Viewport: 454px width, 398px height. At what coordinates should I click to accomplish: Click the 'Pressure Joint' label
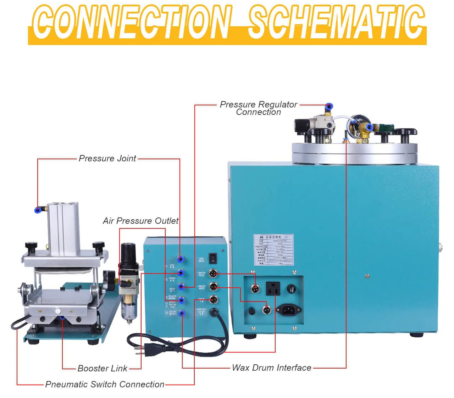107,159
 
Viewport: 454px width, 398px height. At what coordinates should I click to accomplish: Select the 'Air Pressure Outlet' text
140,221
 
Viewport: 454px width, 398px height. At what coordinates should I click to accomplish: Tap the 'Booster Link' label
102,369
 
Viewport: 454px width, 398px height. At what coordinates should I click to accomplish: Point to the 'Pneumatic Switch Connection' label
105,385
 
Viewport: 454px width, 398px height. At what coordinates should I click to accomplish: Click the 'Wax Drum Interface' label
271,368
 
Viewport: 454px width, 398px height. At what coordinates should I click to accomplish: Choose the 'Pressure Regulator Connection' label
258,108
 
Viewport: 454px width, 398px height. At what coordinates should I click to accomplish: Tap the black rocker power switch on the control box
213,258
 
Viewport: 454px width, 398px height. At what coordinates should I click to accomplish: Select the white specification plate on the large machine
273,249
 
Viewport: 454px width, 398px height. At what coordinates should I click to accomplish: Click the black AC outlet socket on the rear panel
273,288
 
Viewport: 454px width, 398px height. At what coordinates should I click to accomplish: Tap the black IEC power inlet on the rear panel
289,310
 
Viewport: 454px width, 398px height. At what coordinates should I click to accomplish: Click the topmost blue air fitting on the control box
181,259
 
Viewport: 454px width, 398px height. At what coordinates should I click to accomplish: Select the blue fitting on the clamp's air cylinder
38,210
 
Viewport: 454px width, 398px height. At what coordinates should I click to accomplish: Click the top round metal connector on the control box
213,273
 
